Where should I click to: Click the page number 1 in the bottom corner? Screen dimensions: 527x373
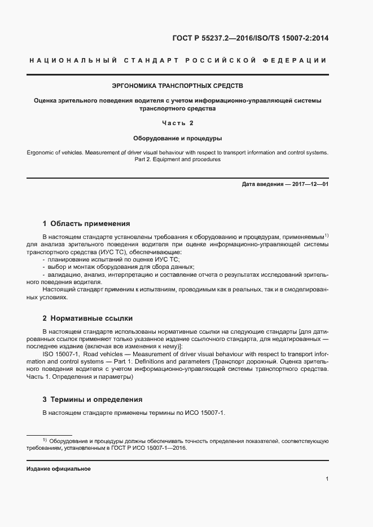pos(327,479)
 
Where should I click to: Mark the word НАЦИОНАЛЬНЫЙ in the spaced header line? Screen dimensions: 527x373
pos(72,60)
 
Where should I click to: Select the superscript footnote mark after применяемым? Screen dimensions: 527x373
pos(326,234)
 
